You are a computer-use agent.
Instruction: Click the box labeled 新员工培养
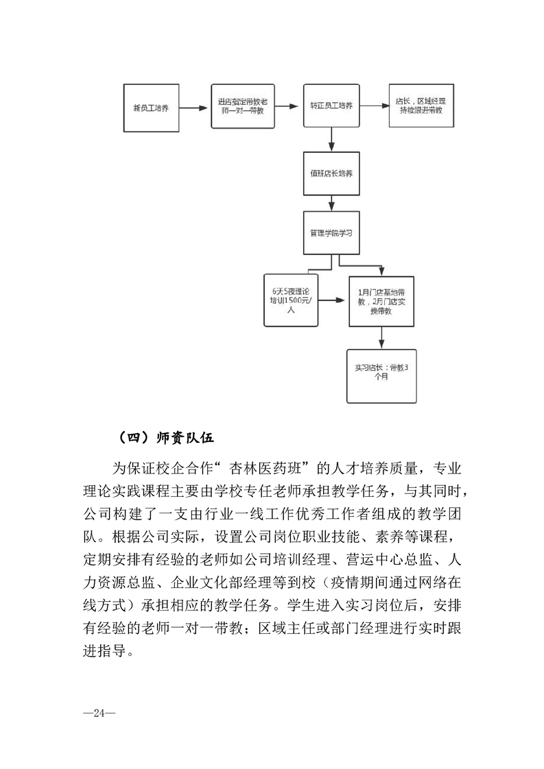pos(151,108)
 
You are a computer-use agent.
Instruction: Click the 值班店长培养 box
pos(331,173)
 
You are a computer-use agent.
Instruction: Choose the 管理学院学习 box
pos(331,233)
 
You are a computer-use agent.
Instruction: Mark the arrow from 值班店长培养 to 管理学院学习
pos(331,203)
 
